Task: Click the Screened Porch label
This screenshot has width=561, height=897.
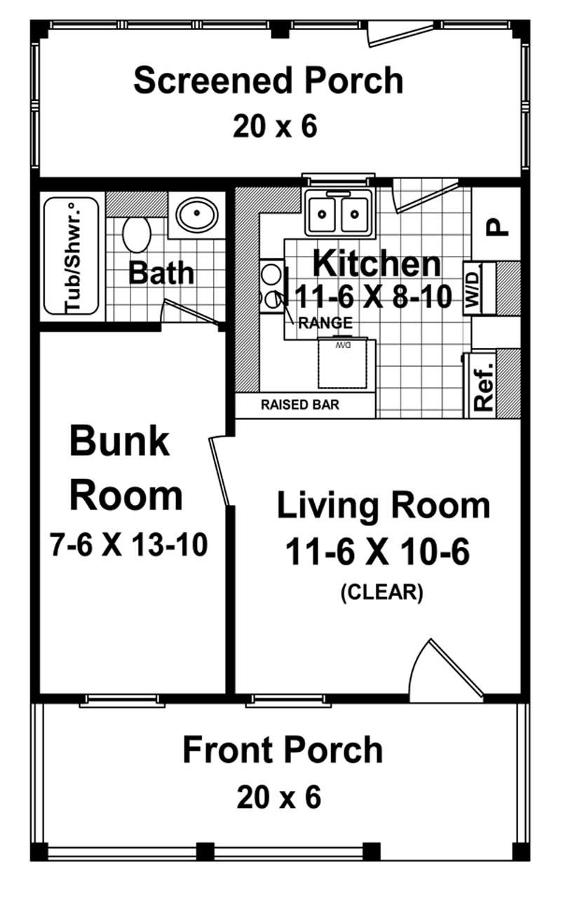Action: [268, 81]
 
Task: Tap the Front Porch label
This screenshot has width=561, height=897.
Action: [283, 750]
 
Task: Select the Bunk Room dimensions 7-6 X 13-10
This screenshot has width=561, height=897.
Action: [128, 544]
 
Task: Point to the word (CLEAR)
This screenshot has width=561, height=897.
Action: [381, 593]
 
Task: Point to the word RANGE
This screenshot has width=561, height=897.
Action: [325, 323]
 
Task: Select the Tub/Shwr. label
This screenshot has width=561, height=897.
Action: [72, 257]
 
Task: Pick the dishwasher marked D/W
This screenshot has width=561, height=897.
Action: [344, 363]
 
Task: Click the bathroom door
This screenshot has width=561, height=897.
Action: [188, 313]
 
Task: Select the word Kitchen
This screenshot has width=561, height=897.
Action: [377, 264]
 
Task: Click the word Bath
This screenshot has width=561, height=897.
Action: [161, 273]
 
